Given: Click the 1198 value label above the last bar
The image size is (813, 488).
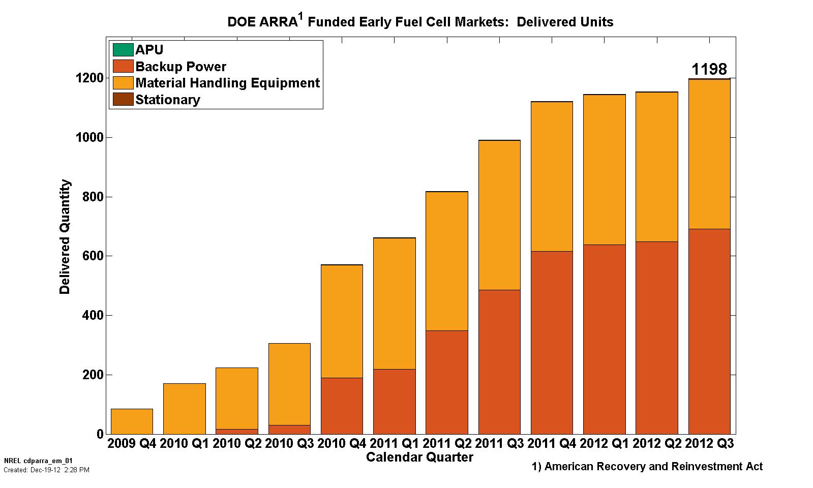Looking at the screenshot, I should click(709, 69).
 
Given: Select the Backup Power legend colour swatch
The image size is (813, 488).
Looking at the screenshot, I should click(123, 67).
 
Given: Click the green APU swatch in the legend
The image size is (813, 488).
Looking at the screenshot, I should click(123, 50).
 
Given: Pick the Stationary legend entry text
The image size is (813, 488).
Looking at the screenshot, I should click(168, 100).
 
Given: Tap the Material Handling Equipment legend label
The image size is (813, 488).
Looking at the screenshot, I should click(227, 83).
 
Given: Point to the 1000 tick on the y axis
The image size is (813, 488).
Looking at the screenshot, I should click(90, 137).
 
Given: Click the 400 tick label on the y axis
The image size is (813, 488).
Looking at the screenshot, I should click(93, 315).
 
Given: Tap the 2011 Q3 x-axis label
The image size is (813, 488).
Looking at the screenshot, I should click(500, 443).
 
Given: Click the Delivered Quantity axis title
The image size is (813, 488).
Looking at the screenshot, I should click(65, 237).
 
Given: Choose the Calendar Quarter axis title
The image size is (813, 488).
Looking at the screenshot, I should click(419, 457).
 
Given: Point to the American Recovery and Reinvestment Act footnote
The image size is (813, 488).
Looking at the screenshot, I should click(647, 467).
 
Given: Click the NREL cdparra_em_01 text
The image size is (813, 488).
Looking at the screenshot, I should click(38, 461).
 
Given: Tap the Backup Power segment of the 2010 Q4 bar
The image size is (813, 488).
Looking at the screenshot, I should click(342, 406).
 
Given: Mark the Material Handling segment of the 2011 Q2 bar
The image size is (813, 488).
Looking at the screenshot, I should click(446, 261).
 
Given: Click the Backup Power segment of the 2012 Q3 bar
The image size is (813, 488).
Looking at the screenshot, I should click(709, 331).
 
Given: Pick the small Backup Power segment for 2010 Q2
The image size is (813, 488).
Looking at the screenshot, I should click(237, 432).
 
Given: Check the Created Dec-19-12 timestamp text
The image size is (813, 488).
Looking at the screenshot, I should click(46, 470).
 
